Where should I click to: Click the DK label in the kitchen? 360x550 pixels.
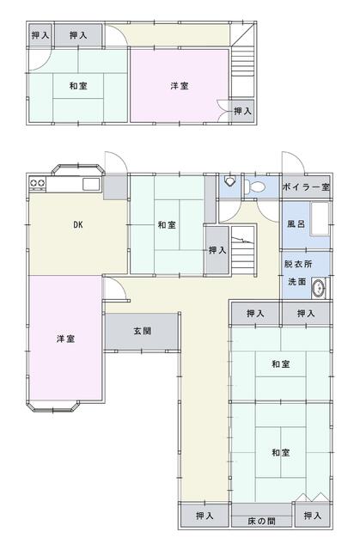77,225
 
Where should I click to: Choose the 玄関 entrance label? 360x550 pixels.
143,330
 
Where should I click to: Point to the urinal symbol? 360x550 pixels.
230,182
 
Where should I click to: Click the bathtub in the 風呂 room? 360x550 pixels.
319,222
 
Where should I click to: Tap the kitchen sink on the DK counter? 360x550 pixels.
90,184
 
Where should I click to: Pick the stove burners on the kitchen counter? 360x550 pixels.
38,183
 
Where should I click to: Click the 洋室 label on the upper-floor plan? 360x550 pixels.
180,85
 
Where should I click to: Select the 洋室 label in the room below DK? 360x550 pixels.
65,339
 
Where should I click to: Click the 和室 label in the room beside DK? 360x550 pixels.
167,225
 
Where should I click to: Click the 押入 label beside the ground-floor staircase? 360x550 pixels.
217,250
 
